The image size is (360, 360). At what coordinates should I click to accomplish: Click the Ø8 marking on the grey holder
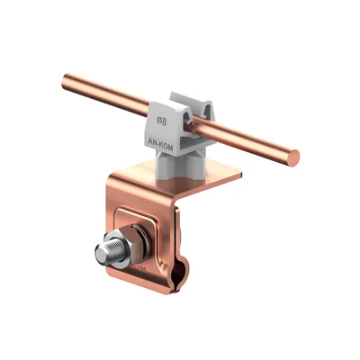pyautogui.click(x=162, y=121)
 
